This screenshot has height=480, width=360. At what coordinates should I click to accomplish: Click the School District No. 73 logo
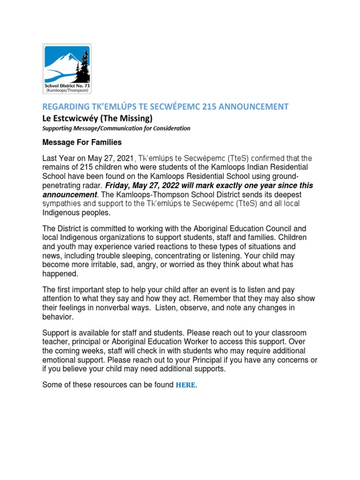[x=67, y=68]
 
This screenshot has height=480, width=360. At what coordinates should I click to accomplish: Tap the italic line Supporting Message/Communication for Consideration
[x=116, y=128]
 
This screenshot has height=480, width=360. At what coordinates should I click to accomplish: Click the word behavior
[x=58, y=317]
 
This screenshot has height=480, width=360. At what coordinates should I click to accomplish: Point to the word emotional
[x=59, y=360]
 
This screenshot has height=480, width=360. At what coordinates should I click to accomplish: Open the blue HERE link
[x=185, y=385]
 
